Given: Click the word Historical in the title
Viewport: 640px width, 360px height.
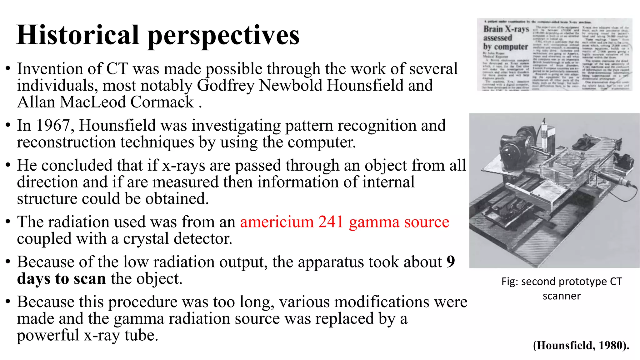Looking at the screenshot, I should (x=77, y=35).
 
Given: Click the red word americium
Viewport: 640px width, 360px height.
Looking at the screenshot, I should (x=277, y=222).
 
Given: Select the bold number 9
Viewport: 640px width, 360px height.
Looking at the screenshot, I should (x=450, y=262).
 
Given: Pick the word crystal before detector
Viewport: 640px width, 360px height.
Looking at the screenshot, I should (x=146, y=239).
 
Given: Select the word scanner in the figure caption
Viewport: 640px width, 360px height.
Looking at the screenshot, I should (x=562, y=296).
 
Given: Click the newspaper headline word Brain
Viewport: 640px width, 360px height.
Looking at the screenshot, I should (x=493, y=29).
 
